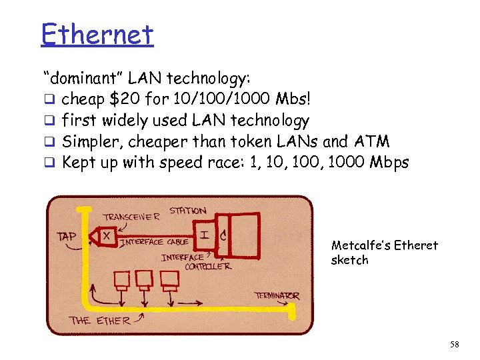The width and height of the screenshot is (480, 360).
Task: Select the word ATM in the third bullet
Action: (x=374, y=141)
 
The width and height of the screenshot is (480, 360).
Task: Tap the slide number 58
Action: (x=455, y=344)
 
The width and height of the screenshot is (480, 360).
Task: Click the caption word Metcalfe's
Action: (x=361, y=245)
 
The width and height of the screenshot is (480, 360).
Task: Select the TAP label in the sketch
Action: (x=67, y=236)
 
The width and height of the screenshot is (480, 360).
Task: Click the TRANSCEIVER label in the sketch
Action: (x=131, y=217)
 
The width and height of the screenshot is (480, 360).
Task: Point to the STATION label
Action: (x=187, y=211)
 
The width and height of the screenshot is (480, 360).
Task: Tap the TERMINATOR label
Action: (x=276, y=295)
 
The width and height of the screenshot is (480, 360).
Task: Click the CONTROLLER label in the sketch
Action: (x=207, y=266)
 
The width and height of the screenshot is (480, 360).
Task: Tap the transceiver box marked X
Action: (x=106, y=235)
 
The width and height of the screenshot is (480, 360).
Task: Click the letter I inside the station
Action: (x=204, y=234)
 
